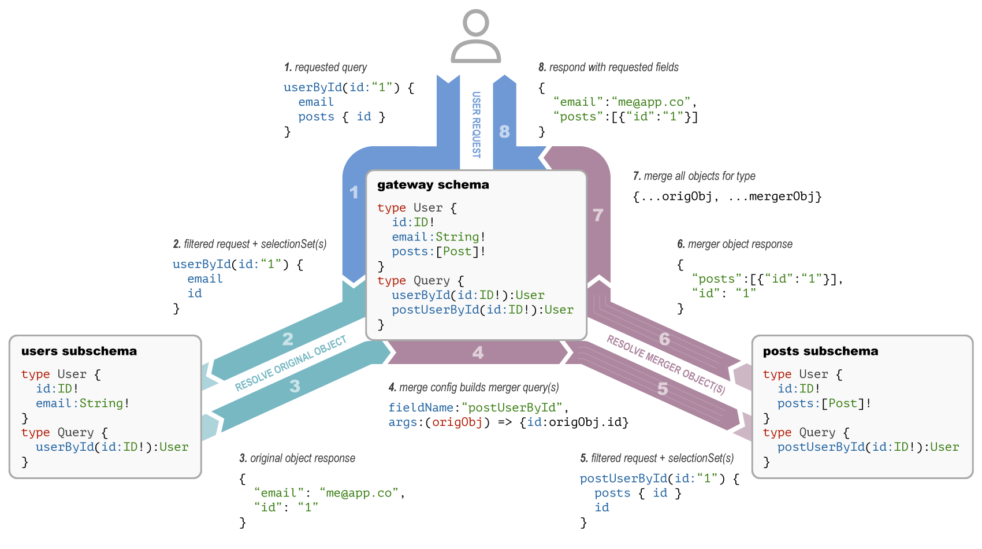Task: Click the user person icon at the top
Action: pyautogui.click(x=475, y=36)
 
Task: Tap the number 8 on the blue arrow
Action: pyautogui.click(x=504, y=132)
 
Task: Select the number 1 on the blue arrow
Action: pyautogui.click(x=354, y=192)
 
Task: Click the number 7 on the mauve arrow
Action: pyautogui.click(x=598, y=215)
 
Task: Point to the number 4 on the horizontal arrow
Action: pyautogui.click(x=478, y=353)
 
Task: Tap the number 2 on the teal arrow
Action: pyautogui.click(x=288, y=339)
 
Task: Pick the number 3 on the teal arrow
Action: pyautogui.click(x=295, y=385)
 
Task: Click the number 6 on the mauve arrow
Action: pyautogui.click(x=665, y=339)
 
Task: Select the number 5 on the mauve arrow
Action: pyautogui.click(x=663, y=388)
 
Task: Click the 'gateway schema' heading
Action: pyautogui.click(x=433, y=185)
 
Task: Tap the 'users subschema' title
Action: pyautogui.click(x=79, y=351)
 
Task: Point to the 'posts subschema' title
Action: pyautogui.click(x=820, y=351)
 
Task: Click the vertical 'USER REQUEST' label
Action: pyautogui.click(x=476, y=124)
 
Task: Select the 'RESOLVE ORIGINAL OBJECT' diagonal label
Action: pyautogui.click(x=291, y=363)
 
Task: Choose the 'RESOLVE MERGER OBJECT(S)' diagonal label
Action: pyautogui.click(x=665, y=365)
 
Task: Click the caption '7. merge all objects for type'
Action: pyautogui.click(x=694, y=176)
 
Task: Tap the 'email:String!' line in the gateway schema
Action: pyautogui.click(x=438, y=237)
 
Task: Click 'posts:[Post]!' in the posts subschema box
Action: pyautogui.click(x=824, y=403)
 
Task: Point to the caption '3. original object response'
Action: pyautogui.click(x=297, y=458)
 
